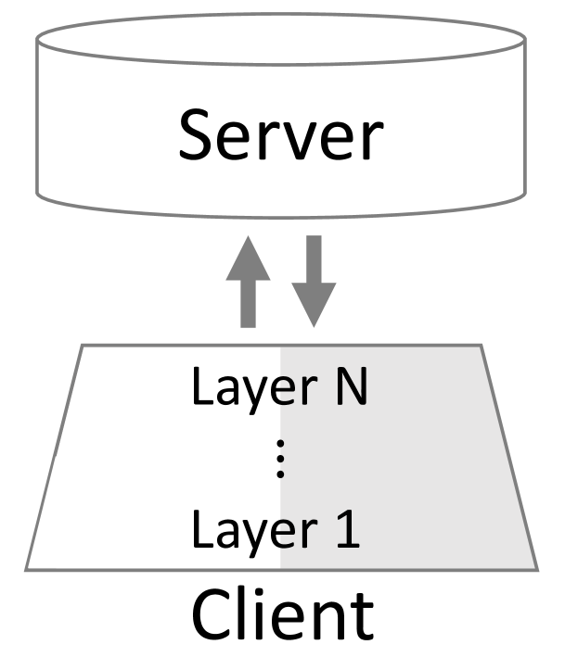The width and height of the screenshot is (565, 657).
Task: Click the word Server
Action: pos(280,137)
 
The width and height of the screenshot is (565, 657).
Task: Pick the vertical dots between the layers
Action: pos(281,461)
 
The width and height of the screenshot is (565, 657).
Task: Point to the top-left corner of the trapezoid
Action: pos(83,347)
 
